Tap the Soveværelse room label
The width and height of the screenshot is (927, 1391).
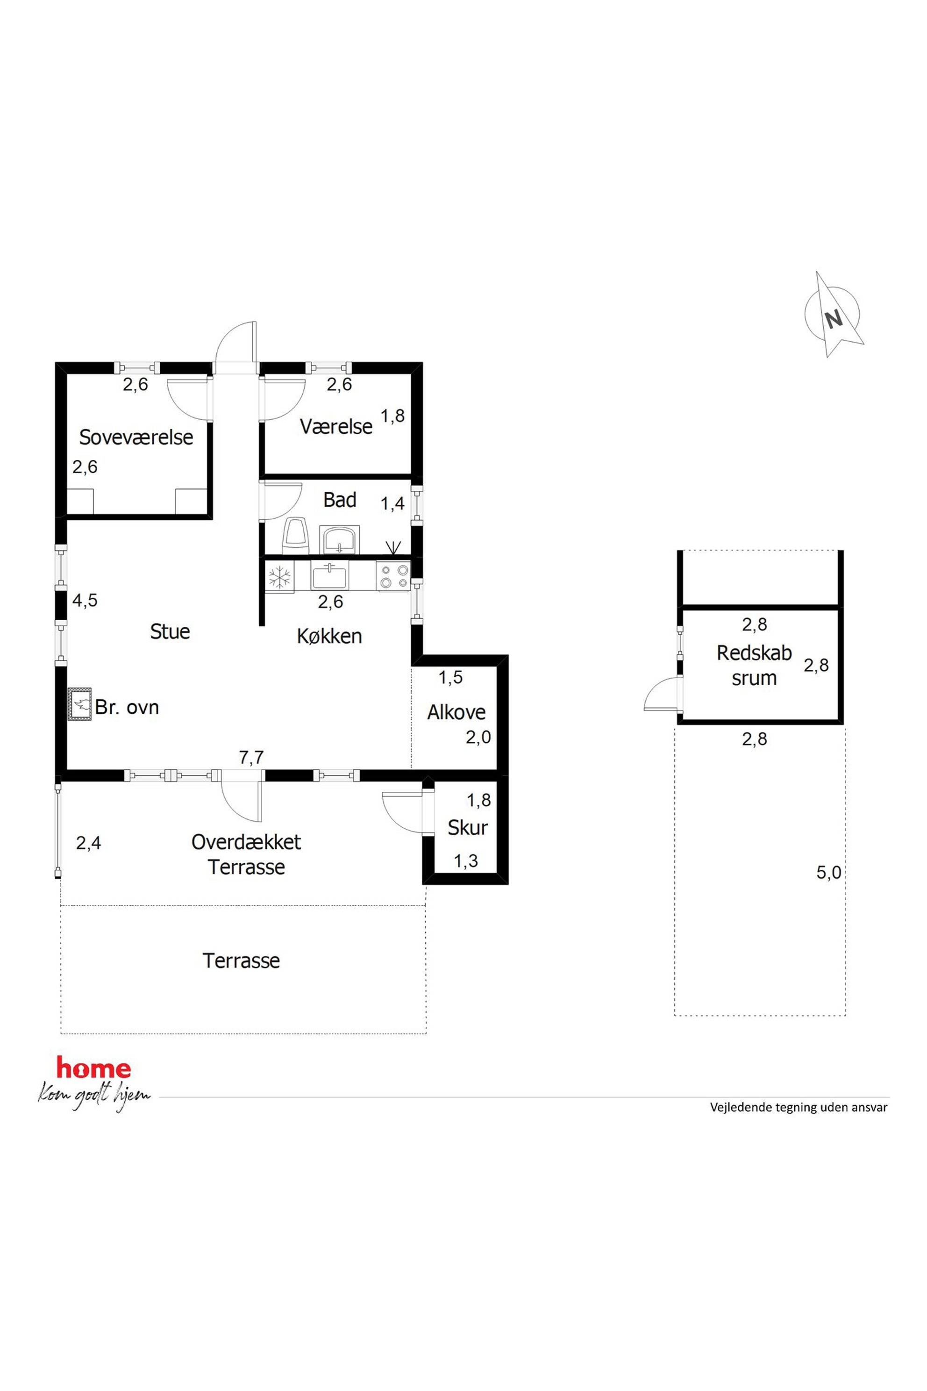[136, 437]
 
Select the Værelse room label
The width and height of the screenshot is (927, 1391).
[336, 426]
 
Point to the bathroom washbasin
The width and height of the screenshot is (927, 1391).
[339, 539]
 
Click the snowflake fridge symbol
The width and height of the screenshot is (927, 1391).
[279, 577]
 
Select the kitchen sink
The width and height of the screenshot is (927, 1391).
[330, 576]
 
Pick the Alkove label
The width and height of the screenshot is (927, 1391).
[456, 712]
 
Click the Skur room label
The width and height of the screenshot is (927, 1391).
[468, 827]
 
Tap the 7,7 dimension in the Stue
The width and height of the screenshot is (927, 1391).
[251, 757]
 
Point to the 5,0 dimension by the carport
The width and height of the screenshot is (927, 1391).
[829, 872]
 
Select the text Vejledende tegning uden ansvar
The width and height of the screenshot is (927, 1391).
[799, 1107]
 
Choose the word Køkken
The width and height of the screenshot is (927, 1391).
[329, 636]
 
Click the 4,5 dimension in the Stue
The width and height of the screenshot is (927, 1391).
[85, 600]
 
